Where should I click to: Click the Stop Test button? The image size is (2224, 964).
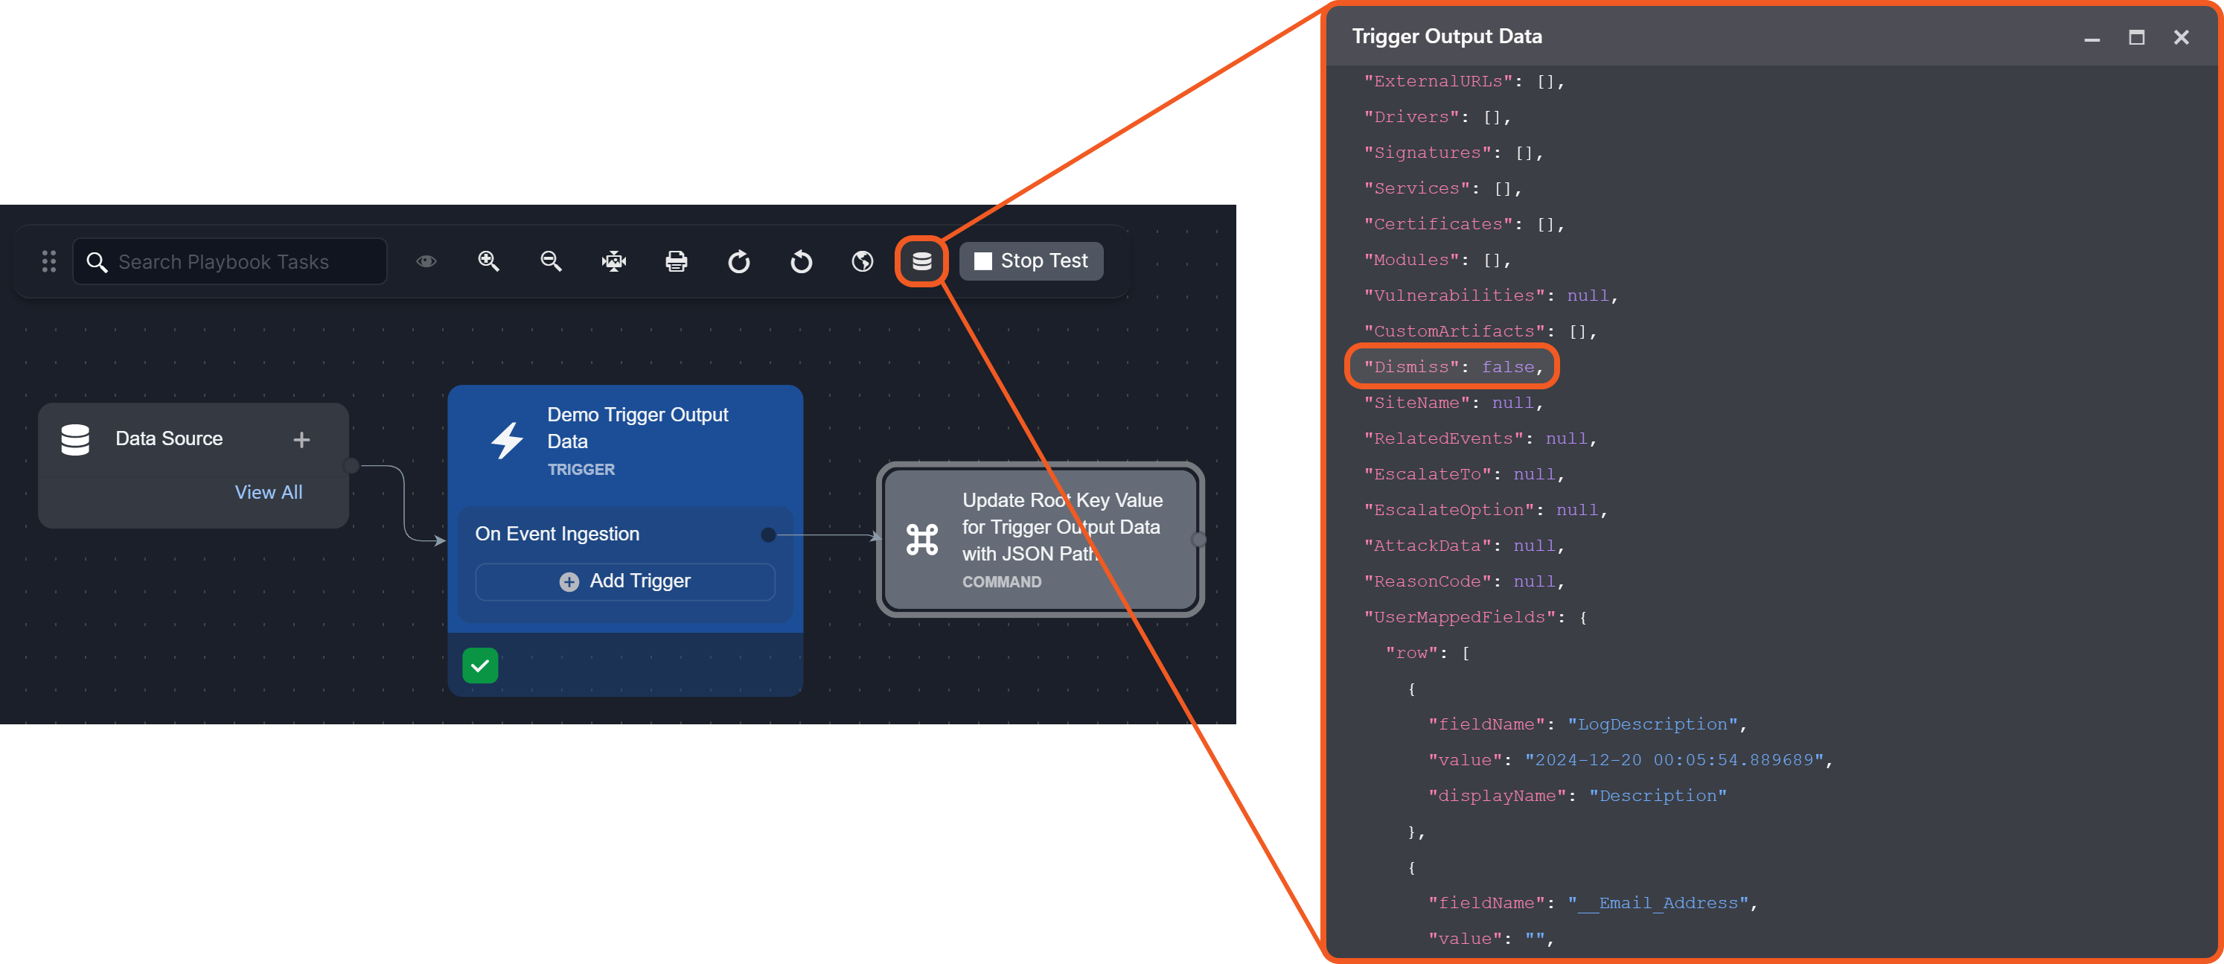coord(1031,261)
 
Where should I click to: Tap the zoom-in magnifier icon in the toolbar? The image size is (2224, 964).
coord(489,261)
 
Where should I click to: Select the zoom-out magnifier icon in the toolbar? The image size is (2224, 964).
coord(551,261)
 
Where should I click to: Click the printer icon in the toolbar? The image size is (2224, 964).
coord(676,261)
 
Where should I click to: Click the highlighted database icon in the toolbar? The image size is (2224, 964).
coord(921,261)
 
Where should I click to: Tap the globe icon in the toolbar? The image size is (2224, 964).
coord(862,261)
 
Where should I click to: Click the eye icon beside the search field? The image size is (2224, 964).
coord(426,261)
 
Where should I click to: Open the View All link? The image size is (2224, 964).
coord(269,492)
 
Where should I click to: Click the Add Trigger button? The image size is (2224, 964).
coord(625,581)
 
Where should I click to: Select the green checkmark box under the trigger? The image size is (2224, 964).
coord(480,665)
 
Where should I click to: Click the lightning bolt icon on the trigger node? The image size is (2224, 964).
coord(507,441)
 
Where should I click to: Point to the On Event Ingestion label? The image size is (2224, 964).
coord(557,534)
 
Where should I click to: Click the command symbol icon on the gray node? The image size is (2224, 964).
coord(922,540)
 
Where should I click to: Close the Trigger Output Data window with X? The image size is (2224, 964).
coord(2181,37)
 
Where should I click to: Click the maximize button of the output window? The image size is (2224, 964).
coord(2136,37)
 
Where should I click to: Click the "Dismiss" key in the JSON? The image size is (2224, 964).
coord(1410,367)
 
